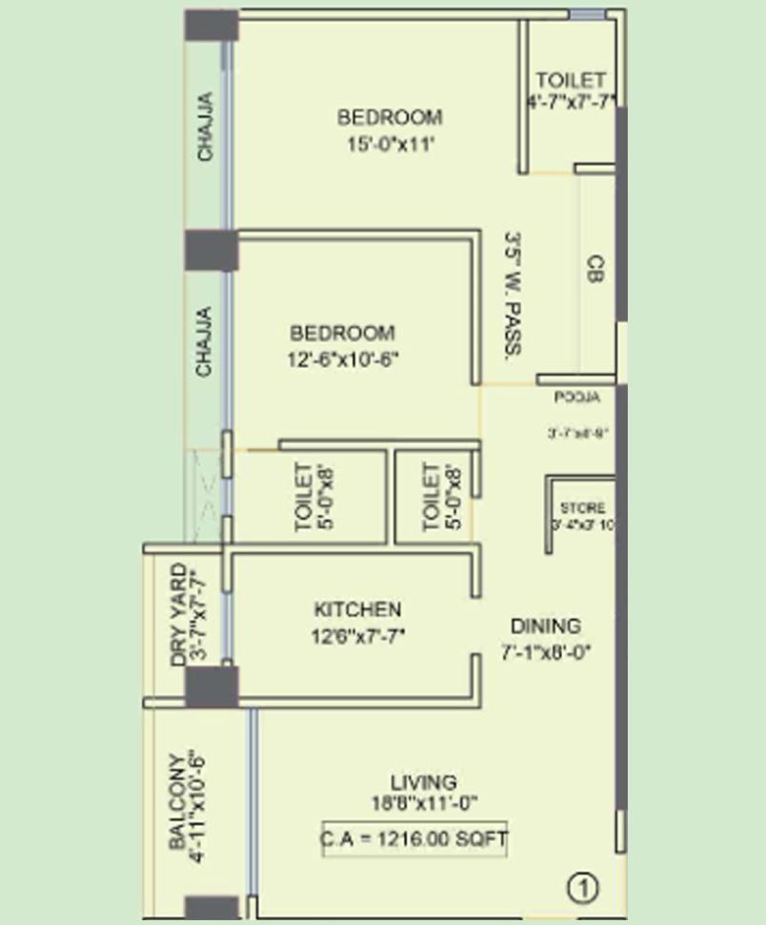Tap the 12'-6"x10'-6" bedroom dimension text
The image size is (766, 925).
click(342, 360)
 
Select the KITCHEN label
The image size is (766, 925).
click(357, 609)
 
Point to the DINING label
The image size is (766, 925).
click(545, 627)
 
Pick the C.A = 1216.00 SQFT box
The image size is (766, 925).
click(414, 840)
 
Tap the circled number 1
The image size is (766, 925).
click(583, 889)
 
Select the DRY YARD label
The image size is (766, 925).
click(178, 615)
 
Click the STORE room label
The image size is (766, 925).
click(582, 508)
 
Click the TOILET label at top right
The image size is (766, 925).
click(570, 79)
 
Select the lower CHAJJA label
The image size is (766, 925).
click(204, 340)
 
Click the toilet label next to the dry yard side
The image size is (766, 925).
click(303, 496)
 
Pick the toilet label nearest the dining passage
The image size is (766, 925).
click(432, 496)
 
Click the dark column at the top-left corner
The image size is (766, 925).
click(211, 25)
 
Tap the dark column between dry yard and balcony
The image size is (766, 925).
click(211, 687)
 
